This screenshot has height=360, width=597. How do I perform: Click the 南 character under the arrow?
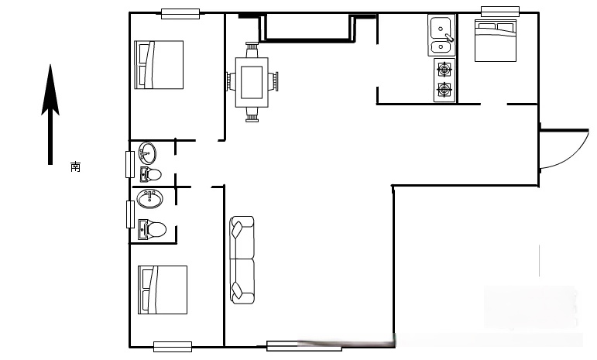click(x=75, y=166)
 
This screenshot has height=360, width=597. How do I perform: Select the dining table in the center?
click(x=252, y=83)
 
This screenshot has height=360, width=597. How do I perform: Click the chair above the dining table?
click(x=252, y=50)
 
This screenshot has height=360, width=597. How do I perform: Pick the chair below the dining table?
click(x=252, y=115)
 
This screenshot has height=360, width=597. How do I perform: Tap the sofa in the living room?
click(x=242, y=260)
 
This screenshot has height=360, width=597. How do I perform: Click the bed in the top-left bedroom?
click(x=160, y=65)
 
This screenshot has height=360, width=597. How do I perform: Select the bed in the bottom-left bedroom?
click(x=163, y=290)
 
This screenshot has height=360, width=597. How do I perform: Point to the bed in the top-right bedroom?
click(x=496, y=41)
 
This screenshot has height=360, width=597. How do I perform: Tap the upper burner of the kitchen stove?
click(x=444, y=70)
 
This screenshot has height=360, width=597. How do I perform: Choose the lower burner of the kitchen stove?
click(x=444, y=90)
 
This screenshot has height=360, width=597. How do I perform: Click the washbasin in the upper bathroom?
click(x=147, y=153)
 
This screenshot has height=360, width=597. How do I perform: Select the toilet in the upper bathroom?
click(x=151, y=175)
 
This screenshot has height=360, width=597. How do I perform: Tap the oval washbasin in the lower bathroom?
click(x=150, y=199)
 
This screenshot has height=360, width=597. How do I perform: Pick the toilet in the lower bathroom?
click(x=152, y=229)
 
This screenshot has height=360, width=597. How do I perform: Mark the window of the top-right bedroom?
click(x=500, y=12)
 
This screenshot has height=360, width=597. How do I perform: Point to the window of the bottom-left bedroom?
click(x=173, y=347)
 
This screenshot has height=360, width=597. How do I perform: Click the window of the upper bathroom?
click(x=130, y=164)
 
